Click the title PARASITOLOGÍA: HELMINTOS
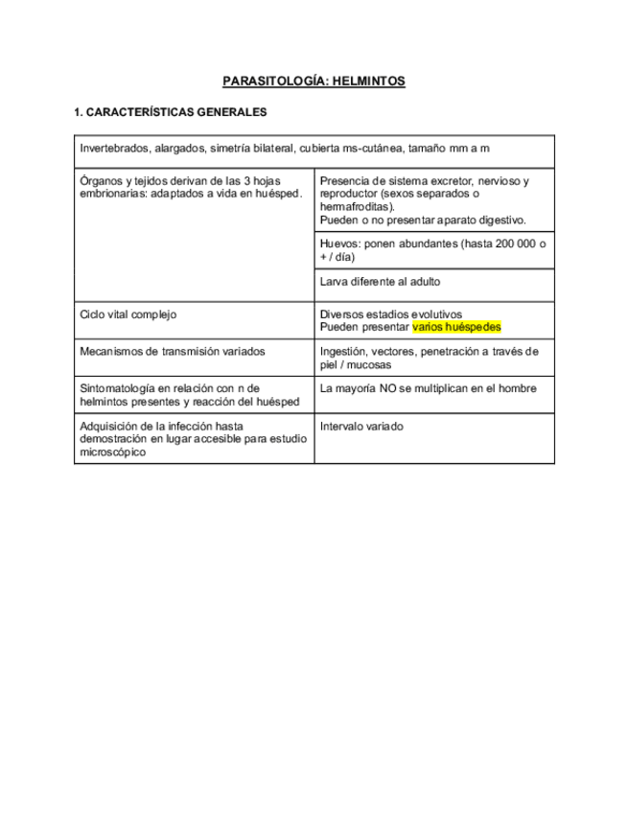coord(314,81)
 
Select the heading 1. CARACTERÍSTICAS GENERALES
coord(170,112)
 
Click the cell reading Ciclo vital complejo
coord(128,314)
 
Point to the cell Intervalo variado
coord(361,426)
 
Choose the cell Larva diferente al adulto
coord(381,282)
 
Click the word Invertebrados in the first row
coord(115,149)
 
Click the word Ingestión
coord(345,352)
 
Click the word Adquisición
coord(110,426)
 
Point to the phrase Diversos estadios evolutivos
coord(390,314)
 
